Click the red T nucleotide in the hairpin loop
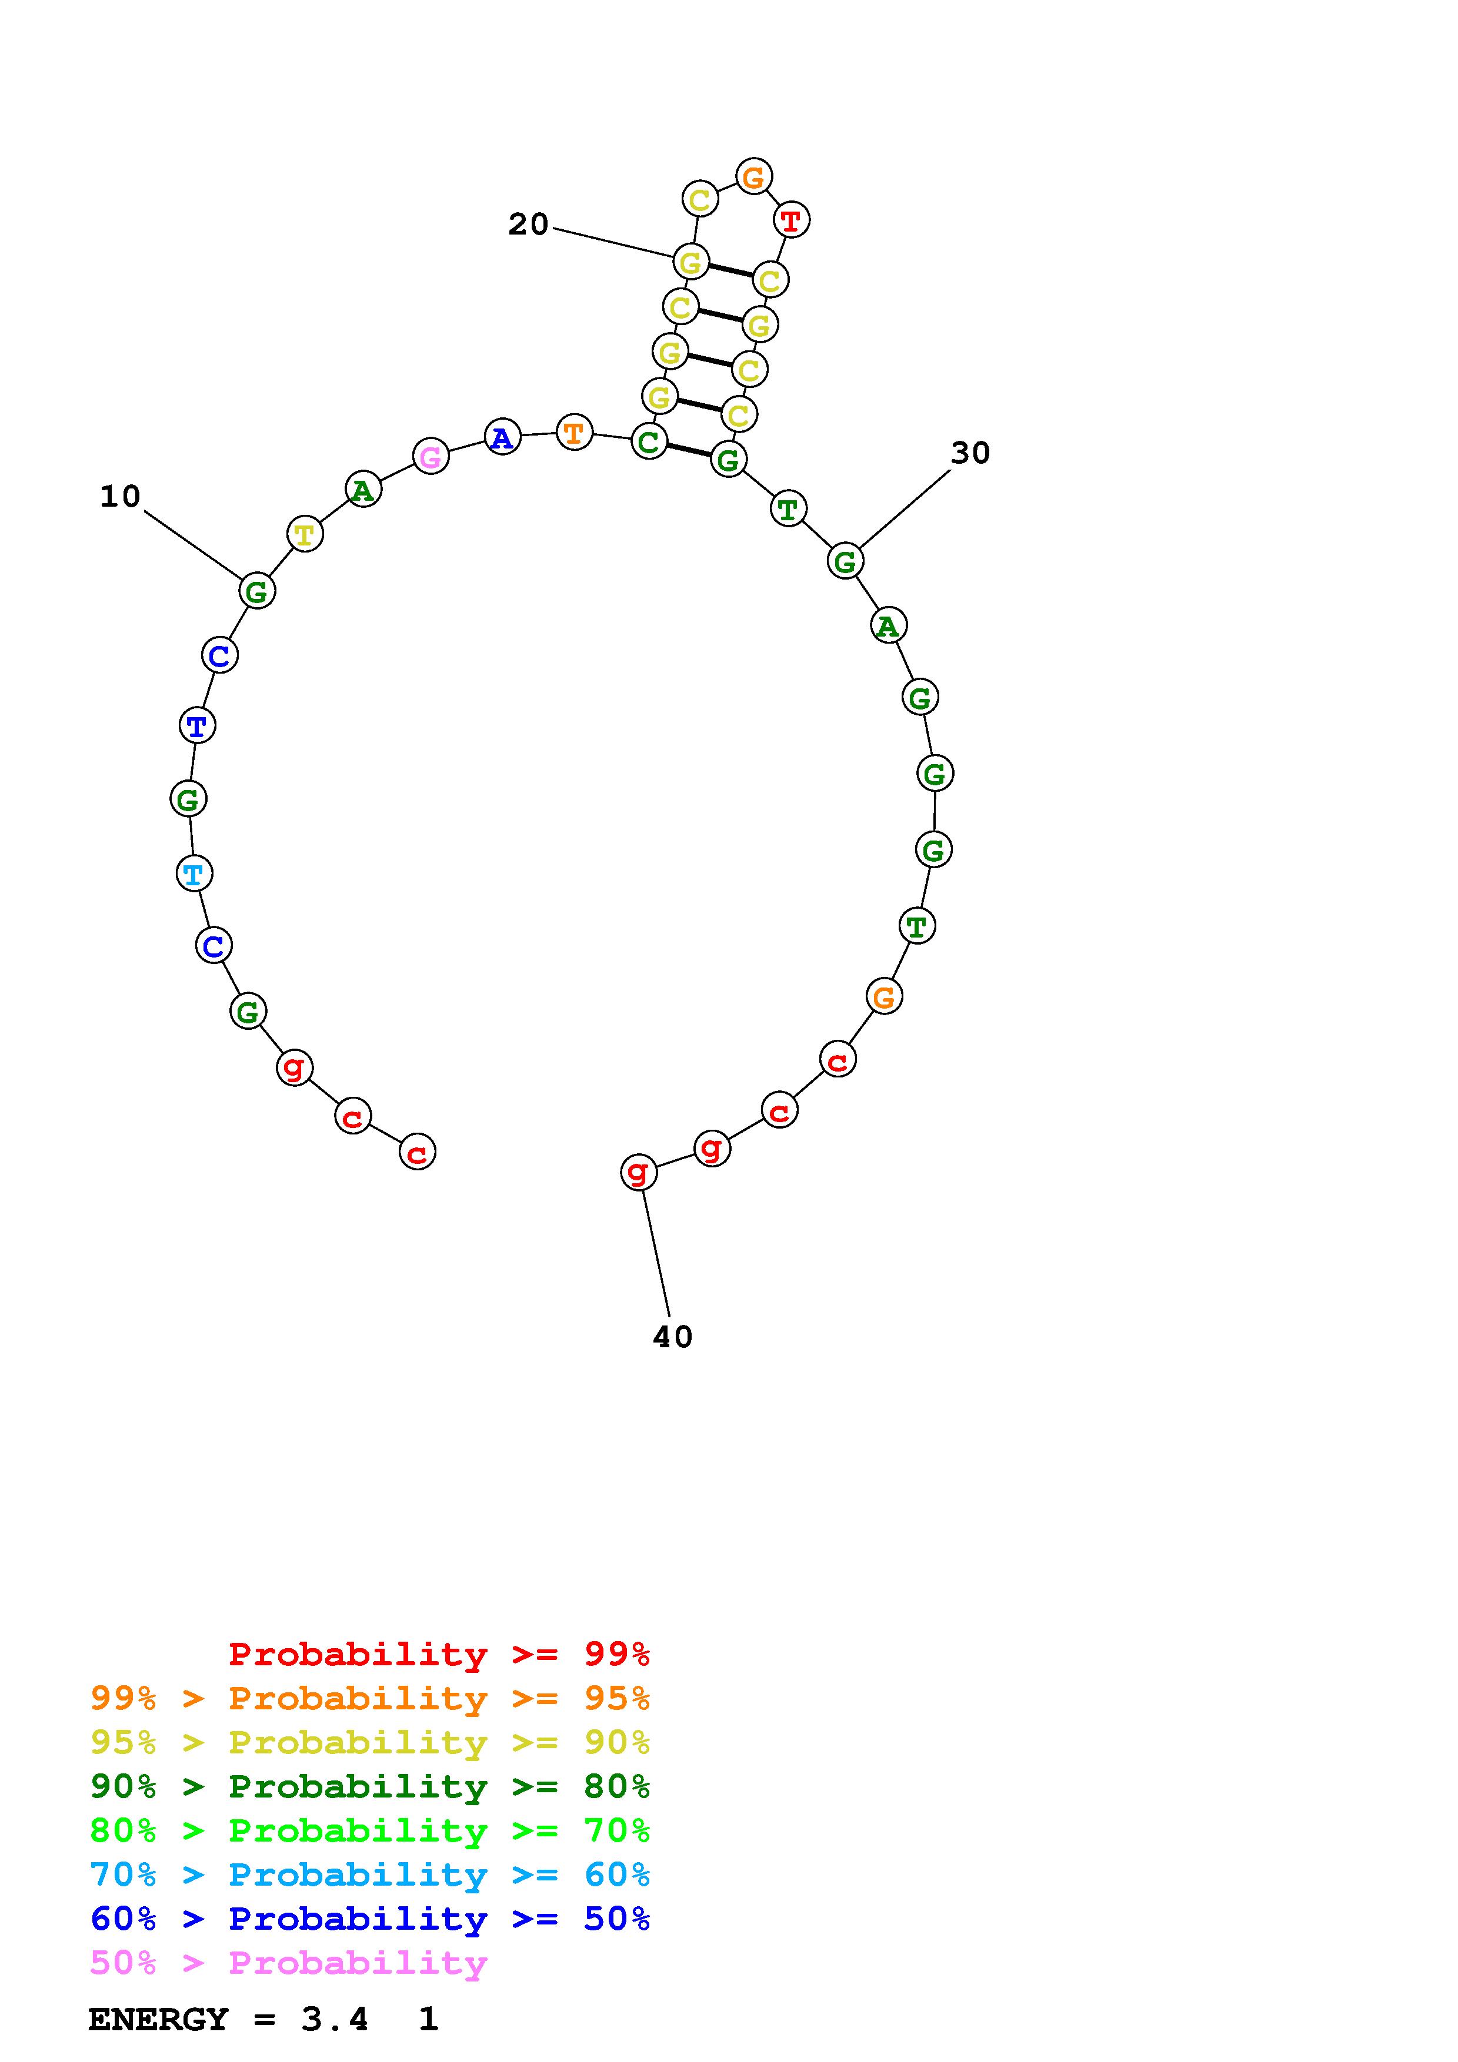(790, 220)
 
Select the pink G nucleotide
(431, 456)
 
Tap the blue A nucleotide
(502, 437)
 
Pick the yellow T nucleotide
(305, 534)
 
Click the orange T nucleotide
(574, 433)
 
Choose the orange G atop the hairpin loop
(754, 176)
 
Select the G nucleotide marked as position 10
(257, 591)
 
